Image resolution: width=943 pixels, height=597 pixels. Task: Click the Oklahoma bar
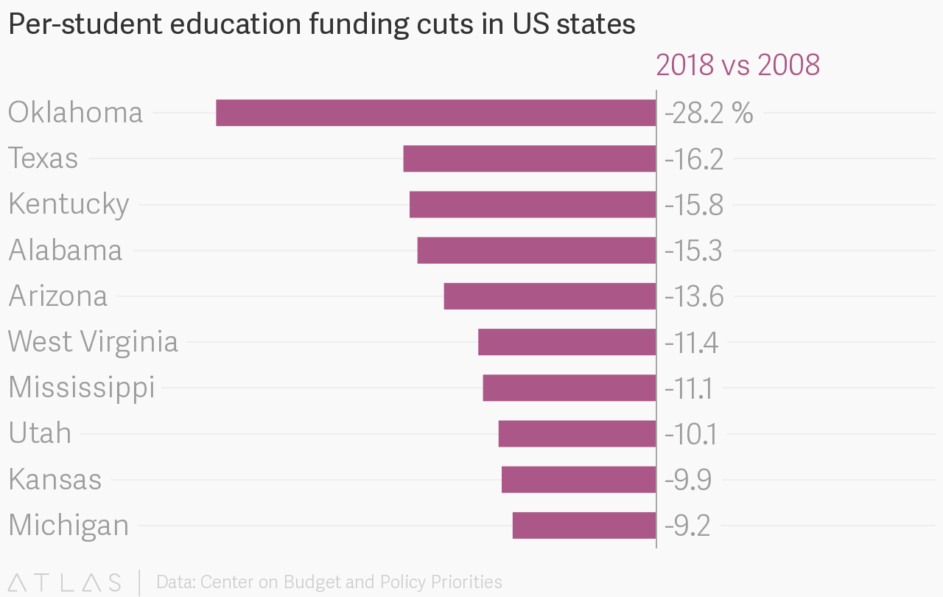point(435,113)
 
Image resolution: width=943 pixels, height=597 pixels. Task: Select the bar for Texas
point(529,158)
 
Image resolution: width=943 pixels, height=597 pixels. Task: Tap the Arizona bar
point(550,296)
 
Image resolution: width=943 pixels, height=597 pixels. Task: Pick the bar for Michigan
point(583,525)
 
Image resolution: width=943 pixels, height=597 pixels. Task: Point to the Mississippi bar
point(569,388)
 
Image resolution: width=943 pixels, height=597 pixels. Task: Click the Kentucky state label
point(69,204)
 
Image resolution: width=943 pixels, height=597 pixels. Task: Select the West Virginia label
point(93,342)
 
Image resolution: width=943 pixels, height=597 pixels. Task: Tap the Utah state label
point(40,433)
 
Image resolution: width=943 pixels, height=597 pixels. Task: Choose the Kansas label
point(55,479)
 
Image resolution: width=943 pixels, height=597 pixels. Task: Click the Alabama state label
point(65,250)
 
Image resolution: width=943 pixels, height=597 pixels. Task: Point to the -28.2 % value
point(709,114)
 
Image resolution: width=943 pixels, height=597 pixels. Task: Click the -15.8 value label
point(693,205)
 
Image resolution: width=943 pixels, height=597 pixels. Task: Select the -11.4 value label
point(691,342)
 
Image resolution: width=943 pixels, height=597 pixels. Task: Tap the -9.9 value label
point(688,479)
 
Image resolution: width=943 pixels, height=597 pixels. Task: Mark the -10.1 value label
point(690,433)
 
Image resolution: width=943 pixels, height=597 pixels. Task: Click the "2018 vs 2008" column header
point(737,65)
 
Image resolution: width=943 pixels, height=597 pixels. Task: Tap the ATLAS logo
point(65,582)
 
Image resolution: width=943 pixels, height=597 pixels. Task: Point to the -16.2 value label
point(693,159)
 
